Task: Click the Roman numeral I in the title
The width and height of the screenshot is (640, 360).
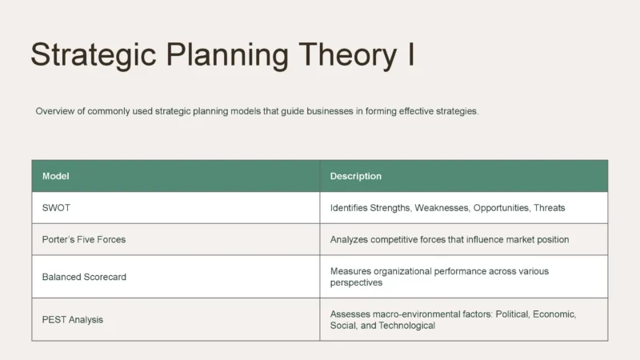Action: (x=410, y=54)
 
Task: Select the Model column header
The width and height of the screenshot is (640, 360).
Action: (x=56, y=176)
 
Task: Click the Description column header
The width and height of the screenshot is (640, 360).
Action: (x=356, y=176)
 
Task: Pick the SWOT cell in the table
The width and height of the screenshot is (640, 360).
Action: (x=56, y=208)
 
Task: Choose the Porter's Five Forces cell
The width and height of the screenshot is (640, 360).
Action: (x=84, y=239)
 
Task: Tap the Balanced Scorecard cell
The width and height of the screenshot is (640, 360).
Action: (x=84, y=277)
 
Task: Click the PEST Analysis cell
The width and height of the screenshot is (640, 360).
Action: (x=73, y=320)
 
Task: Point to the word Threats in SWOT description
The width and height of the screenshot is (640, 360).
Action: (x=550, y=208)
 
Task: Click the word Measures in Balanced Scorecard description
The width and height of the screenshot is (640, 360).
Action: (x=350, y=271)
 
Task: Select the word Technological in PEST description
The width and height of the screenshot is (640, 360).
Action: (x=407, y=326)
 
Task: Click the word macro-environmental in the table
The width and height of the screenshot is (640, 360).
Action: (x=419, y=314)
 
